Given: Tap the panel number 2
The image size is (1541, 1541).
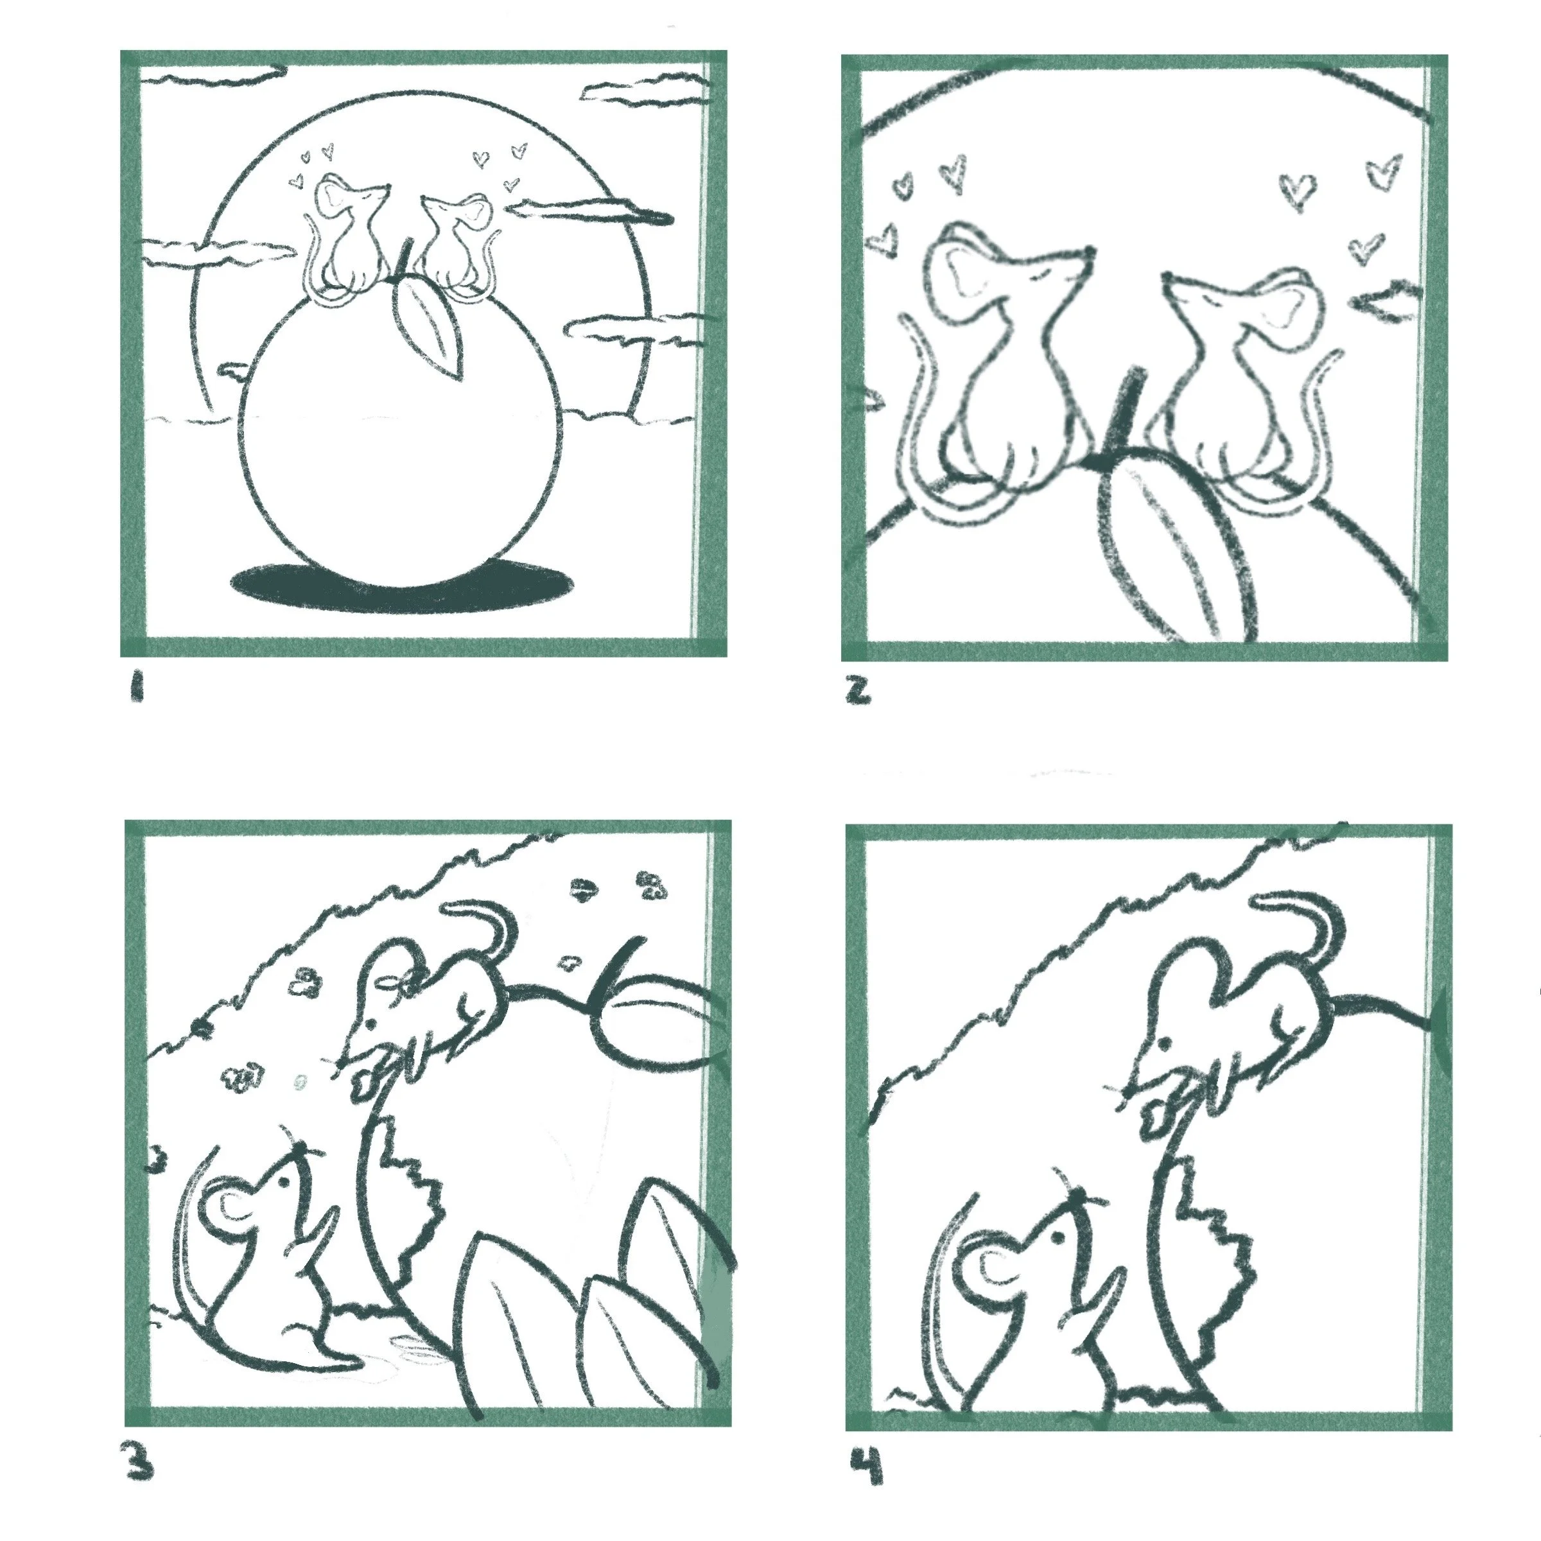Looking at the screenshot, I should (x=858, y=691).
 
